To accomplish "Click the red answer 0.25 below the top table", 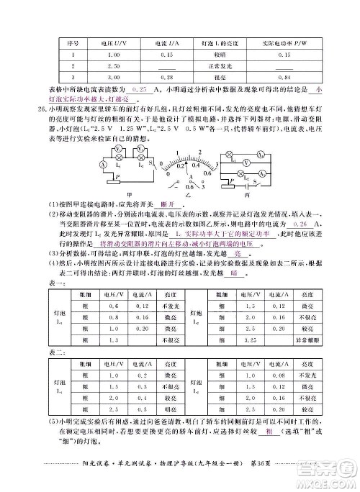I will click(140, 88).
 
